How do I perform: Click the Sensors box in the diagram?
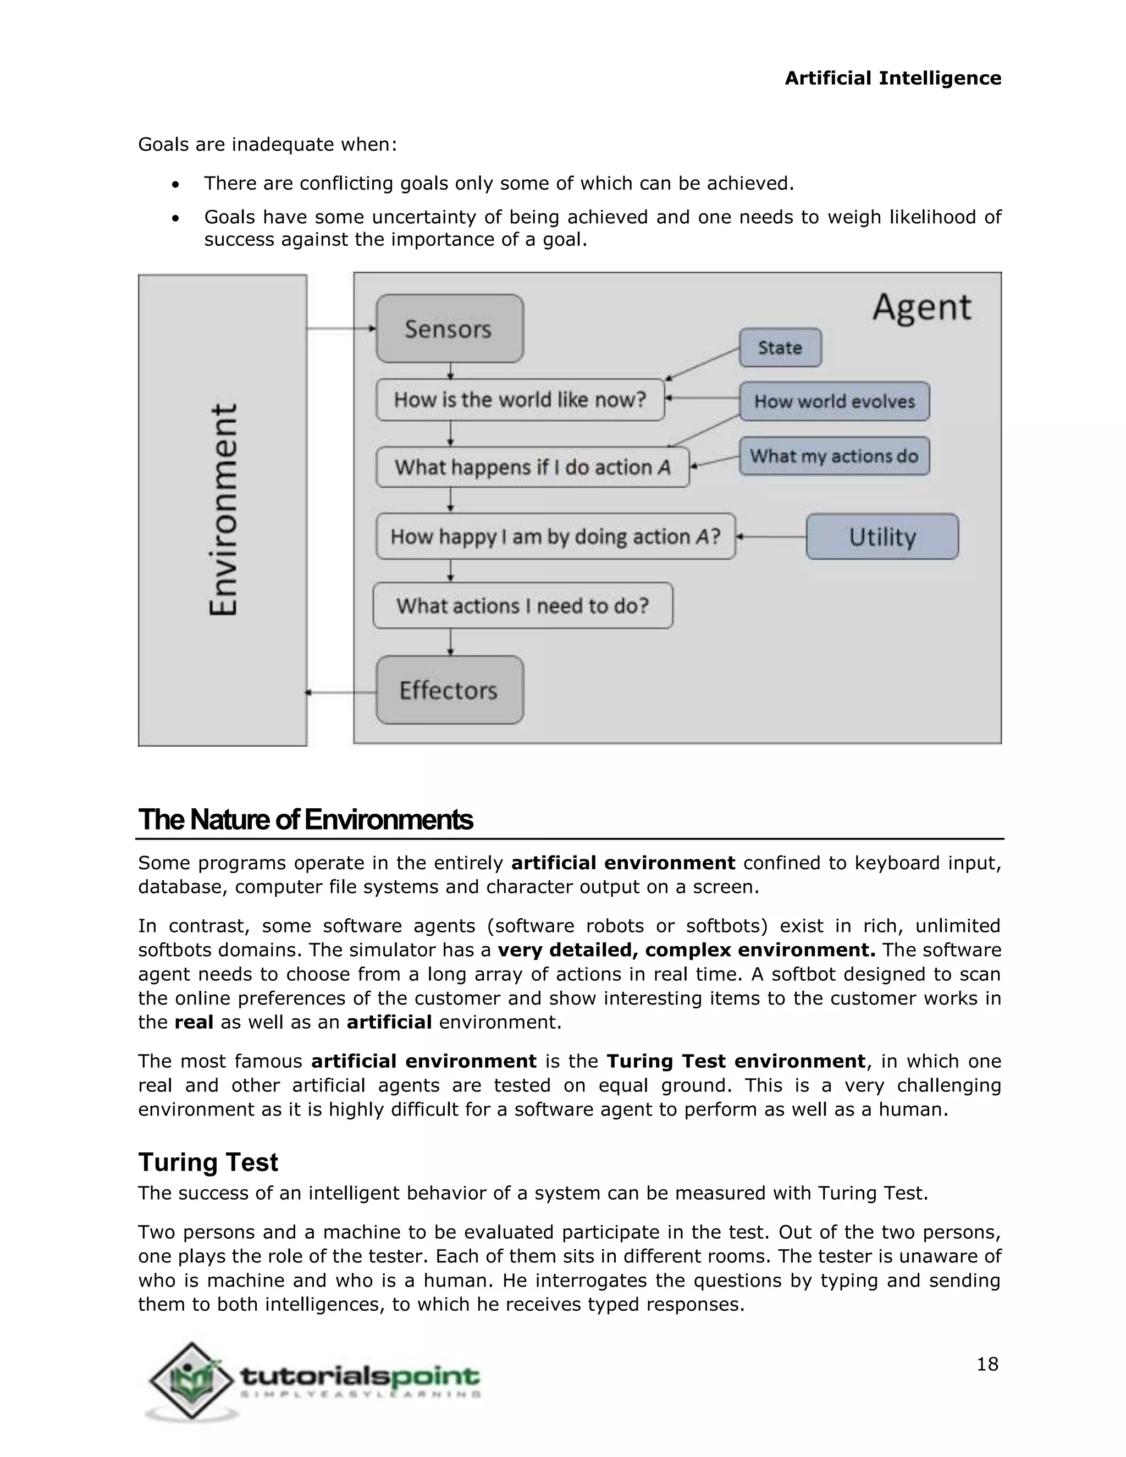449,329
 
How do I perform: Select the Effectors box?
449,690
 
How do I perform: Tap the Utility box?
882,537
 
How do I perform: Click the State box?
780,347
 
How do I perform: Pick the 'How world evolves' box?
834,401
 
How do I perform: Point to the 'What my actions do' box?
834,456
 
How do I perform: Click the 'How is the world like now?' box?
520,400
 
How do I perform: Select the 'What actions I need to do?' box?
522,606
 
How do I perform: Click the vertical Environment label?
223,510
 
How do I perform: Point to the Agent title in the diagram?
921,307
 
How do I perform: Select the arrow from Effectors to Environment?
341,692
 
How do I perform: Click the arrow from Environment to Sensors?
341,328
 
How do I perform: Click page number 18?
986,1364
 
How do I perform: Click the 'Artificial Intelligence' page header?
892,78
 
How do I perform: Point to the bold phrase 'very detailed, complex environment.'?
686,950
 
